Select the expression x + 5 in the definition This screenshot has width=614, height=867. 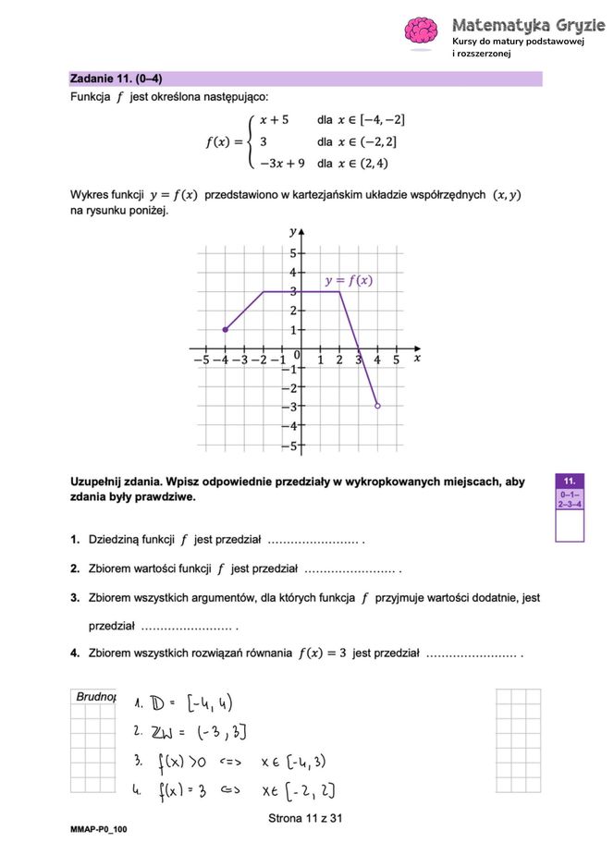pyautogui.click(x=274, y=120)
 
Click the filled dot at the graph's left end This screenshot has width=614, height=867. pyautogui.click(x=226, y=330)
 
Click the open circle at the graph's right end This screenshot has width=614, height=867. pyautogui.click(x=377, y=406)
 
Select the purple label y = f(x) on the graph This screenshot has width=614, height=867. pyautogui.click(x=349, y=280)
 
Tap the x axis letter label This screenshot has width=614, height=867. pyautogui.click(x=417, y=357)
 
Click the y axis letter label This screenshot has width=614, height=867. pyautogui.click(x=293, y=231)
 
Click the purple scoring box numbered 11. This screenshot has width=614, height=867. pyautogui.click(x=570, y=482)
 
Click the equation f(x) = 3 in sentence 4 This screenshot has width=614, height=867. pyautogui.click(x=322, y=653)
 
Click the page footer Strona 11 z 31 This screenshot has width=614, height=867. pyautogui.click(x=305, y=818)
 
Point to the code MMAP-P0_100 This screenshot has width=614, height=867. pyautogui.click(x=99, y=829)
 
